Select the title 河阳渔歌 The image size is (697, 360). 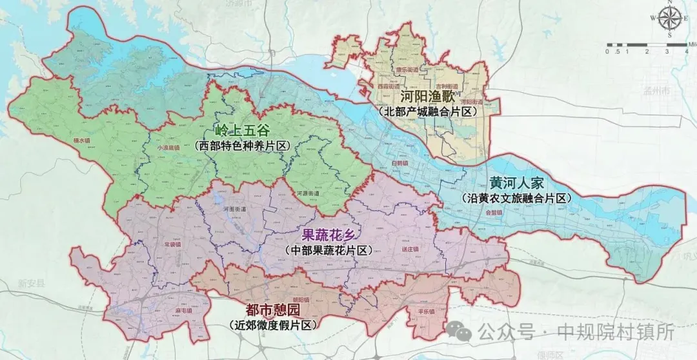[428, 97]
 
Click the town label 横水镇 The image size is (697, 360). [83, 139]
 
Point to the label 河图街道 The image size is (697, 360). [234, 210]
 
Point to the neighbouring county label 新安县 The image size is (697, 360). [30, 283]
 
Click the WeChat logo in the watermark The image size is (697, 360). [463, 332]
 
